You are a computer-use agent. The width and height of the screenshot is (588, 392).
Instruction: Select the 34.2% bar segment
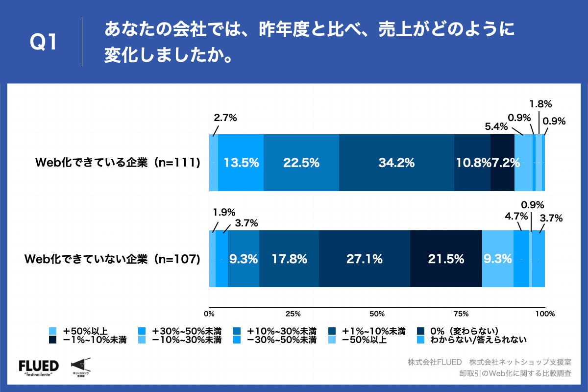pos(396,163)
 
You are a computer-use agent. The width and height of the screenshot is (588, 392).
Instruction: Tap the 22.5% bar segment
pos(301,163)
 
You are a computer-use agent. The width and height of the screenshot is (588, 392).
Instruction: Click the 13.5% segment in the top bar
pos(241,163)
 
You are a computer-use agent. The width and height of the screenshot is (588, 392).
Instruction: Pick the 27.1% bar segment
pos(364,259)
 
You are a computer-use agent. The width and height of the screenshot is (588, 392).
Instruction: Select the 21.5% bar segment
pos(445,259)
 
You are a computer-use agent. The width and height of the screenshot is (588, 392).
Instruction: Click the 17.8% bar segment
pos(289,259)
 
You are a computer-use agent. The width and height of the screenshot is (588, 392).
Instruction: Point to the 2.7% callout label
pos(225,118)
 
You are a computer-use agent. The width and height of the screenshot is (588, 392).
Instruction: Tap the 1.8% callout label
pos(540,104)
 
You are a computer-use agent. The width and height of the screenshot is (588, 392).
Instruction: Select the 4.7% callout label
pos(516,216)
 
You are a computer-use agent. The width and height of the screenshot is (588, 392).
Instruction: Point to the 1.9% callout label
pos(224,212)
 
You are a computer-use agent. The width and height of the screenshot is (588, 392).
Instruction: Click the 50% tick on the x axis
pos(377,314)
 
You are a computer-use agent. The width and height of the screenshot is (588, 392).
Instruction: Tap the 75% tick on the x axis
pos(461,314)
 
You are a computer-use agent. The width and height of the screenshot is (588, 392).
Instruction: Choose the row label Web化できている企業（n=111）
pos(118,163)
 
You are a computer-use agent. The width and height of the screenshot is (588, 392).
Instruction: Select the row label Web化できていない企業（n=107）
pos(113,259)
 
